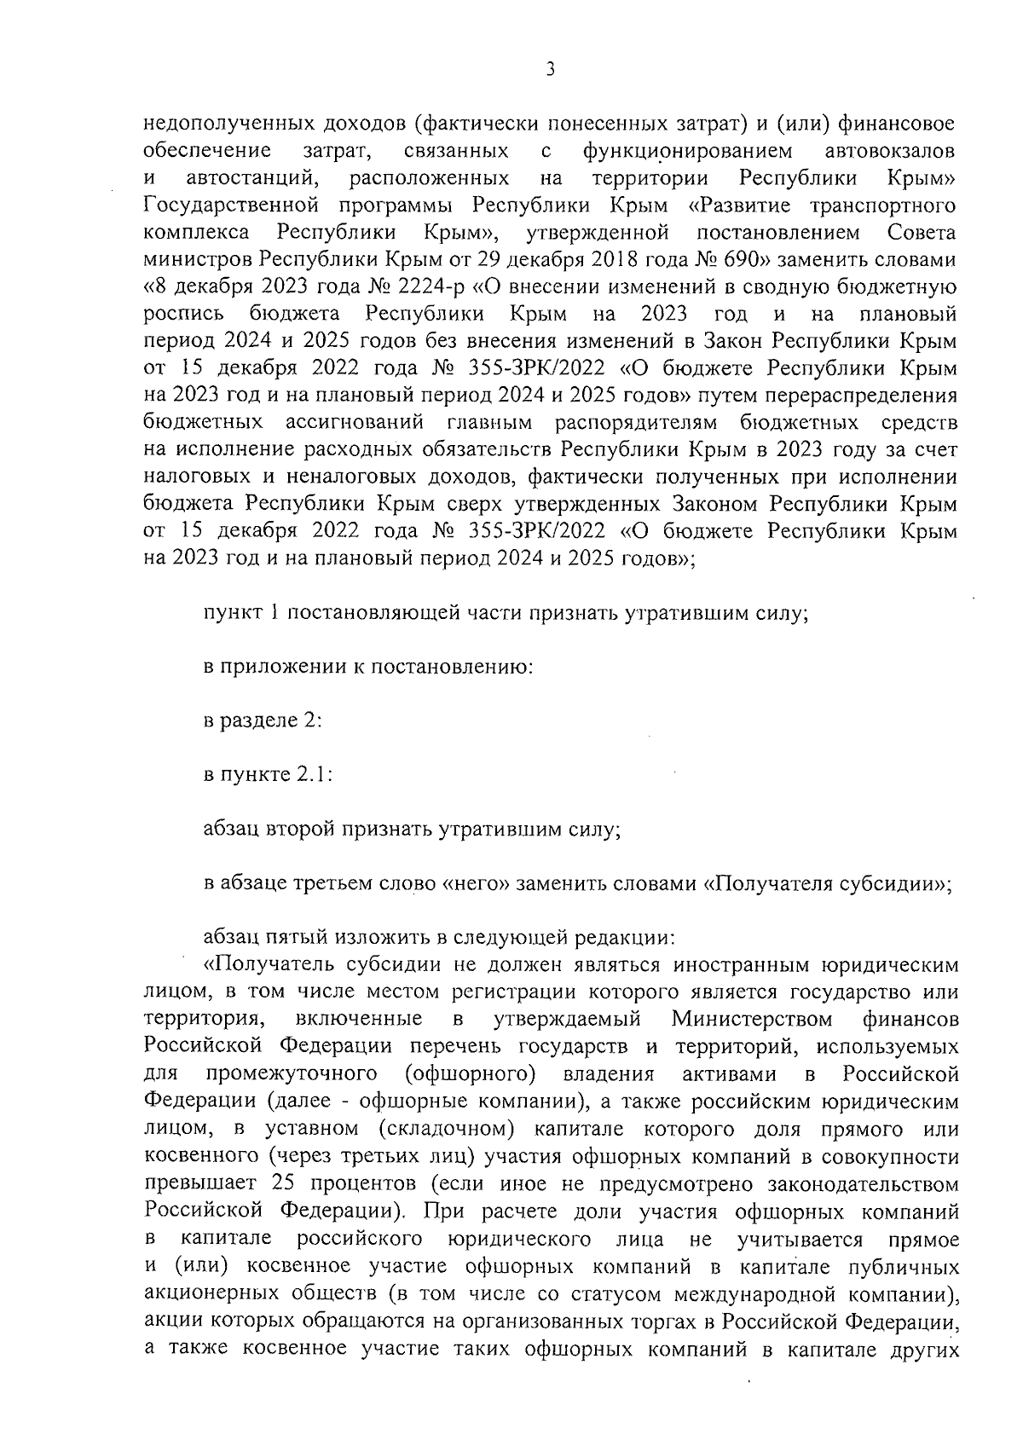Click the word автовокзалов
pos(891,152)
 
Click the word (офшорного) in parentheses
pos(471,1073)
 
